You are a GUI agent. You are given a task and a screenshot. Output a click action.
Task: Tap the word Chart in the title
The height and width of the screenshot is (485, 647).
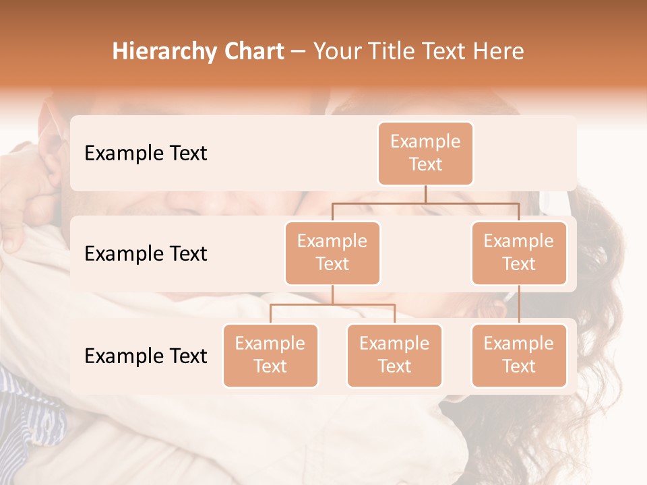coord(252,52)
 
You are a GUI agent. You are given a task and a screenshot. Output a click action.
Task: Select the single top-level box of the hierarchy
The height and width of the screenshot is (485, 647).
coord(425,153)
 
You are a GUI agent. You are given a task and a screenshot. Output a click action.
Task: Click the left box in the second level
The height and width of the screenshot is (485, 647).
coord(332,253)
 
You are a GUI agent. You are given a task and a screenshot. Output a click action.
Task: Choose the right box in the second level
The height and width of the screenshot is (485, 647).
coord(519,253)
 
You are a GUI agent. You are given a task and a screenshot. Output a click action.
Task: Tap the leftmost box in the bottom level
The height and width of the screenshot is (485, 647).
coord(270,355)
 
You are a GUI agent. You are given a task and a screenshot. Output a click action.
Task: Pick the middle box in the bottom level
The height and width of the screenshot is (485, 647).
coord(394,355)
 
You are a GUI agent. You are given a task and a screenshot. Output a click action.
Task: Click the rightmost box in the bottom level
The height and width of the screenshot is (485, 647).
coord(519,355)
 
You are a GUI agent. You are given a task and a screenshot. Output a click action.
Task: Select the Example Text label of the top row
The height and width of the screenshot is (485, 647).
coord(146,153)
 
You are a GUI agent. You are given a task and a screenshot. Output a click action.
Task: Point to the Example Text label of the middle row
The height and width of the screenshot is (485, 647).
coord(146,253)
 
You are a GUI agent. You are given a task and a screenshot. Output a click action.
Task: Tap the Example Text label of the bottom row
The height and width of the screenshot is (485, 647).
coord(146,356)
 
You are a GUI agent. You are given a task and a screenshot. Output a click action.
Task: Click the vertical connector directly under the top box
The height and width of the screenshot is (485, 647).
coord(425,194)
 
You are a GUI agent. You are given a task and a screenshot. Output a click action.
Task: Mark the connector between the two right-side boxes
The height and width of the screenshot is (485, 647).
coord(519,304)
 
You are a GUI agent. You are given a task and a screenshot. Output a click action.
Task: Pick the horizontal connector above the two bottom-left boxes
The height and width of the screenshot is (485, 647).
coord(332,304)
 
